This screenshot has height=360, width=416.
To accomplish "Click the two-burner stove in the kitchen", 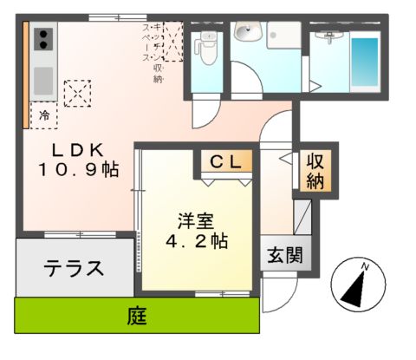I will [x=42, y=38].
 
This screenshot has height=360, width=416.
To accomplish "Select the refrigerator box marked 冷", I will [x=42, y=114].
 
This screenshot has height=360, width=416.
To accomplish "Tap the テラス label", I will [x=73, y=267].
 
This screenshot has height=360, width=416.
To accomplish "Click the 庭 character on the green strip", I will [x=136, y=317].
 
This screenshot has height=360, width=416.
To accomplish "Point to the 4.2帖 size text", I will [x=197, y=241].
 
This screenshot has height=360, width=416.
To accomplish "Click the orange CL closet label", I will [x=227, y=160].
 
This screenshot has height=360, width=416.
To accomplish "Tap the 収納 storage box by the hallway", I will [x=314, y=171].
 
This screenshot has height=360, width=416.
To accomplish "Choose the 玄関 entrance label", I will [x=281, y=257].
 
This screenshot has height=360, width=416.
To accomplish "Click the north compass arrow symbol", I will [x=357, y=285].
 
